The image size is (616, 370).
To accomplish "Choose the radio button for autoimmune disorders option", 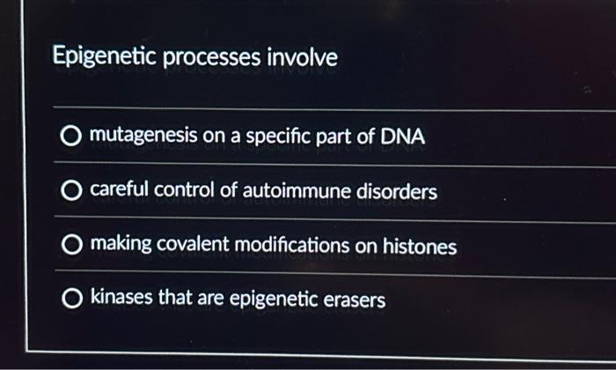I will coord(71,191).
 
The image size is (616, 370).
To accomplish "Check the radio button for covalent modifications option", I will coord(71,246).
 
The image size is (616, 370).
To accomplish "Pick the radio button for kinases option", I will coord(71,300).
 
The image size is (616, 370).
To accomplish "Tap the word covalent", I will coord(187,246).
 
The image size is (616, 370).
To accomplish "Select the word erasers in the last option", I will coord(356,300).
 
